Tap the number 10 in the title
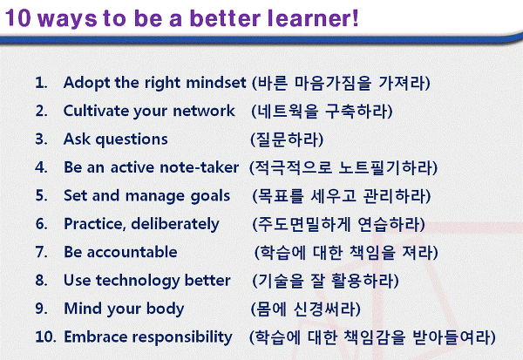coord(18,18)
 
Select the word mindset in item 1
coord(216,83)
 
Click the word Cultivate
coord(96,111)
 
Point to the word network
coord(204,111)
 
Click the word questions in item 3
coord(132,139)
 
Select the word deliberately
coord(175,224)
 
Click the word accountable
coord(132,252)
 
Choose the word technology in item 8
coord(138,281)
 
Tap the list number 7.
coord(41,252)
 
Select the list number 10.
coord(45,336)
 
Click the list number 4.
coord(41,167)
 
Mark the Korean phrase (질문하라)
coord(287,139)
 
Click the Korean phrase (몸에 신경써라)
coord(306,309)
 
